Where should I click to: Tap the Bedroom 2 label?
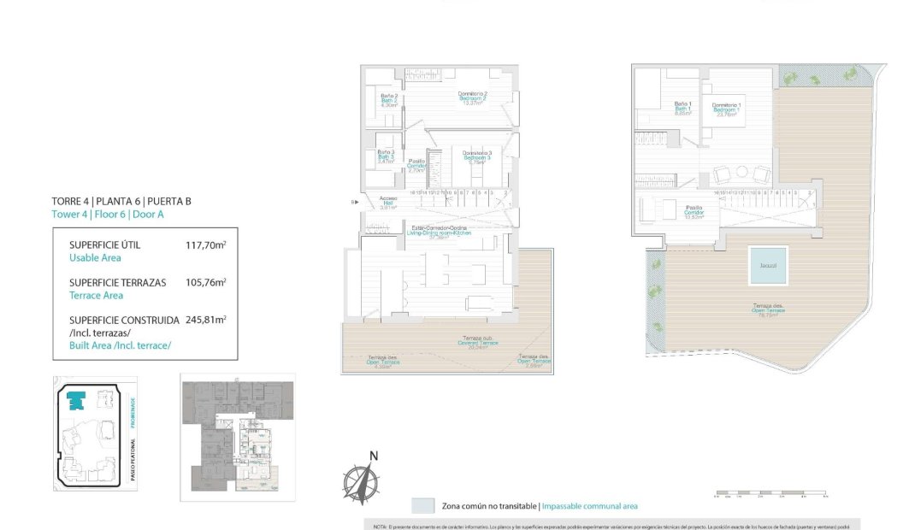coord(472,97)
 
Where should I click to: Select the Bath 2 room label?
coord(389,100)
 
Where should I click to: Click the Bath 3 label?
coord(386,156)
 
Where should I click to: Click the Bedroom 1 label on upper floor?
coord(726,109)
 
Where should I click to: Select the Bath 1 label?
coord(682,109)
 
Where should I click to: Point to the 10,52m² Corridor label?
coord(694,211)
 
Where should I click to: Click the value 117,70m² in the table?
coord(205,244)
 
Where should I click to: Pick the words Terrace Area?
coord(96,295)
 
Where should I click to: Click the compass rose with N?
coord(363,479)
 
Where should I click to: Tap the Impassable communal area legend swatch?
coord(422,505)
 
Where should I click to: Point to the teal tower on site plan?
coord(79,399)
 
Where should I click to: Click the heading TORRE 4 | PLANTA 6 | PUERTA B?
coord(121,201)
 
